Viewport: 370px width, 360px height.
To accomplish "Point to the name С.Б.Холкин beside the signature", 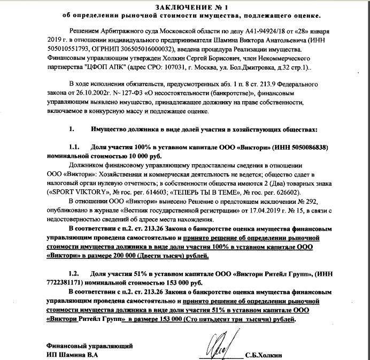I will click(271, 355).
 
